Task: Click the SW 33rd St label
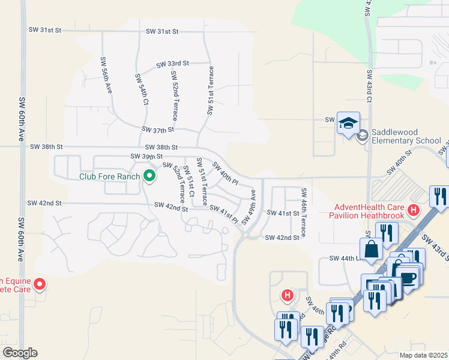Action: point(173,63)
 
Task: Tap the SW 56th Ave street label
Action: point(107,74)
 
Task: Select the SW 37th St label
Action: point(158,129)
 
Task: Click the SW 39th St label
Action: point(147,157)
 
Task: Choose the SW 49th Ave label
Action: point(253,205)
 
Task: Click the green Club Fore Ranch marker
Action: point(149,176)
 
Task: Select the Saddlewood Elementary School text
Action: point(406,136)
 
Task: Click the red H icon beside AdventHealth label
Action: point(413,211)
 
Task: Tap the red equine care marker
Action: point(40,284)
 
